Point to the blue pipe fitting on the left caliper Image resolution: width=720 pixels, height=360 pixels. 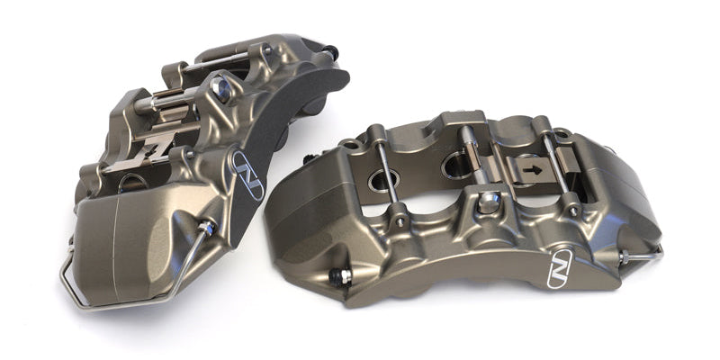pos(207,229)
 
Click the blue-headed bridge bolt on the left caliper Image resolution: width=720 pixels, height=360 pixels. pos(220,87)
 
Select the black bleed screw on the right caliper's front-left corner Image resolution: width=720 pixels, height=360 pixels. pos(342,275)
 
